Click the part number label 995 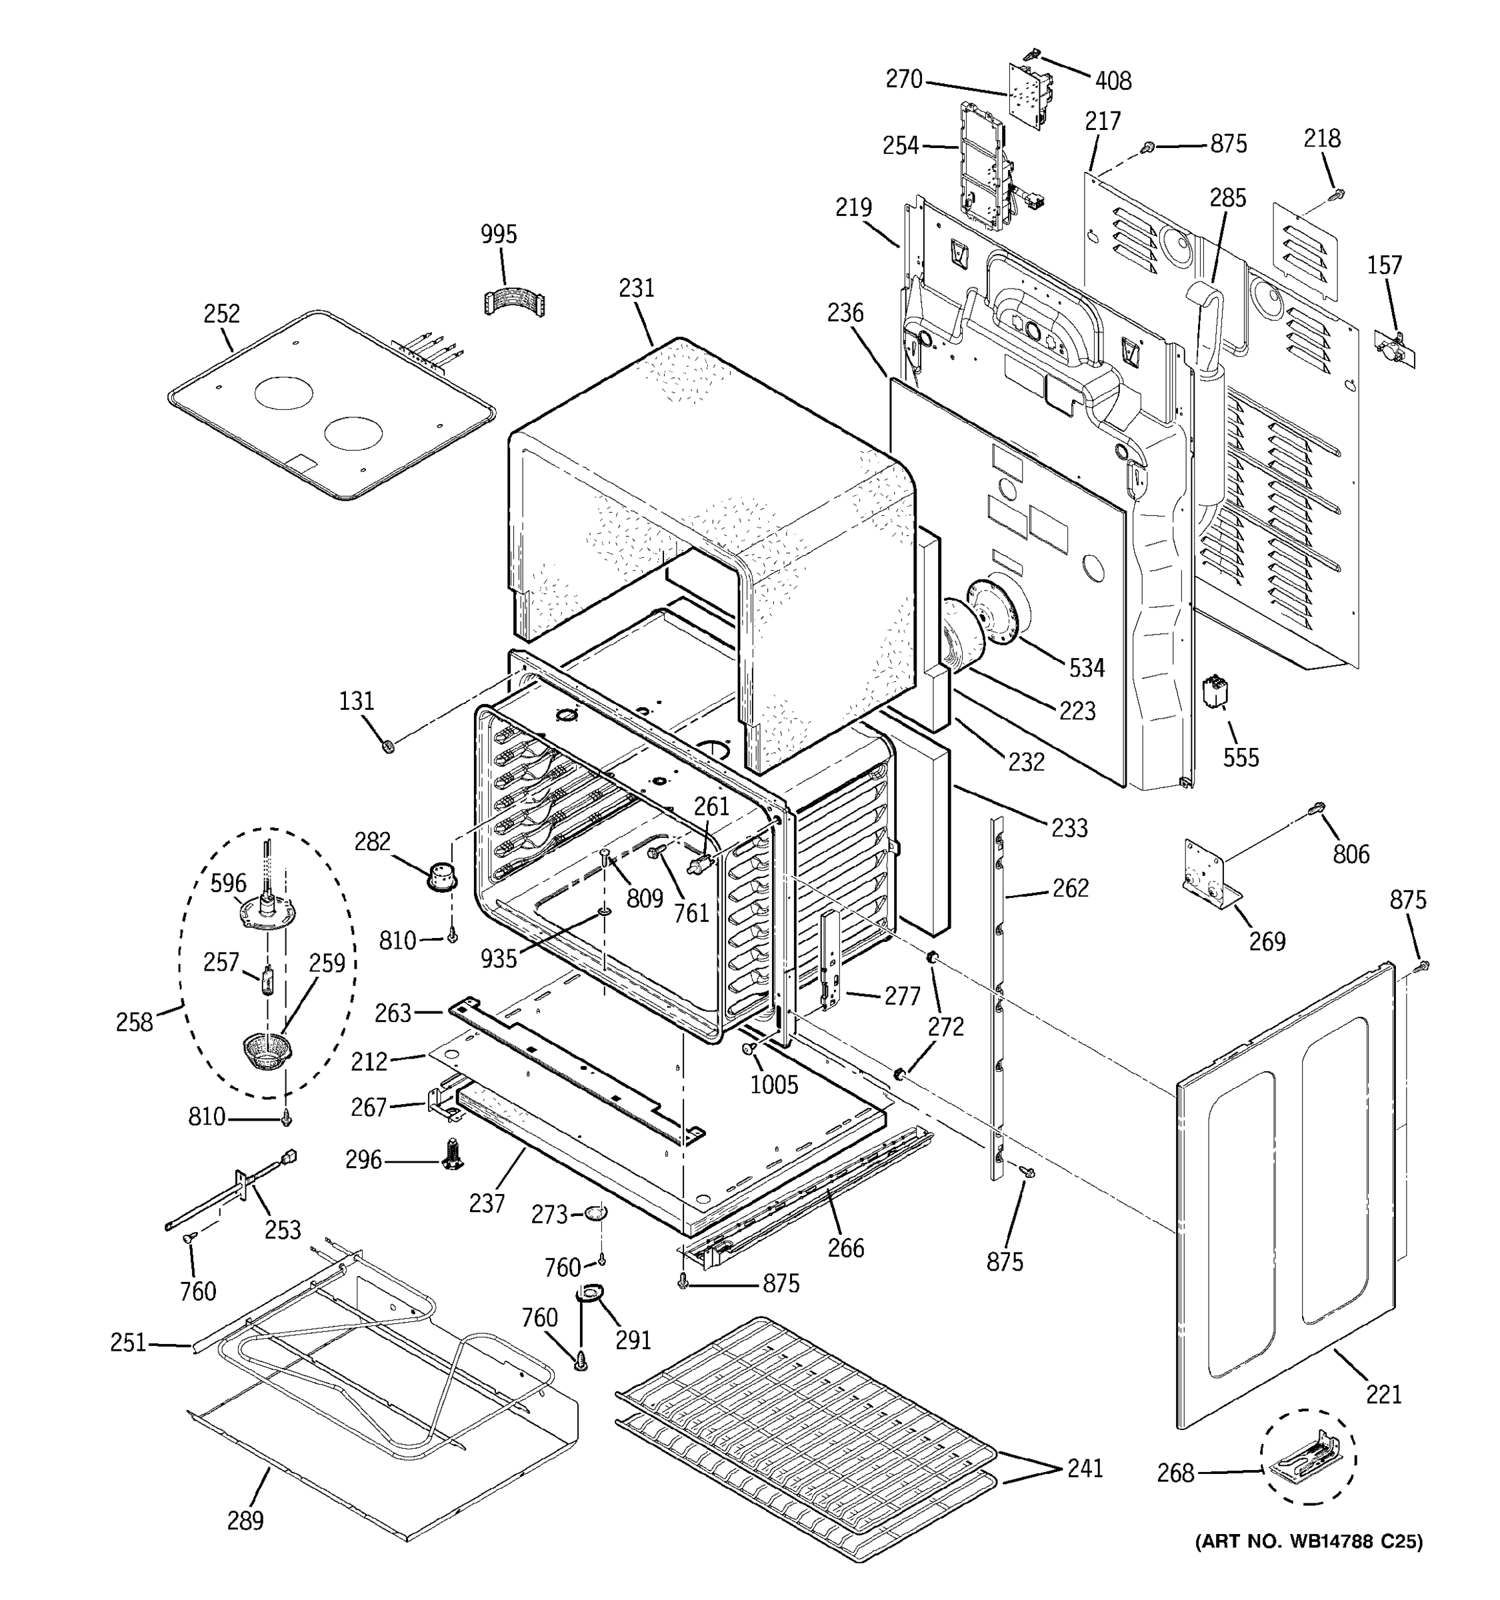(498, 234)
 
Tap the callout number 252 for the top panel (221, 313)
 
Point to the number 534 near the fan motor (1087, 667)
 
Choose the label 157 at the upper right (1384, 265)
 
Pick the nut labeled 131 (388, 746)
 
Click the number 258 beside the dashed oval (133, 1022)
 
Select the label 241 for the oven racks (1085, 1468)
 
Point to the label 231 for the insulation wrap (637, 287)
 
